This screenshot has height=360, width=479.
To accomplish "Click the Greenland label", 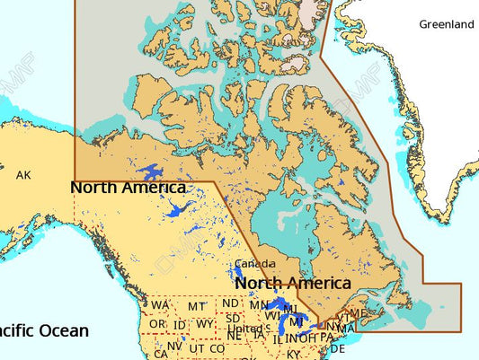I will (446, 25).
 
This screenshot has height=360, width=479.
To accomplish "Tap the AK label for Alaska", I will (23, 175).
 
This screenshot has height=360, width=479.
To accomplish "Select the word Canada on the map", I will (250, 265).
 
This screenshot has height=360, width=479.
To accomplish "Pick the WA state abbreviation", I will (161, 306).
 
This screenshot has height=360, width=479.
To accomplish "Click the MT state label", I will (198, 306).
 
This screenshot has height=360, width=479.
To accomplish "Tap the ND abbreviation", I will (231, 303).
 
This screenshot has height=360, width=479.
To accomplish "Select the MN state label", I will (259, 305).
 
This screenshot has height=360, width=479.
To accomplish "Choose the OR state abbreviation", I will (157, 323).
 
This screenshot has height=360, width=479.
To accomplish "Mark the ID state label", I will (180, 324).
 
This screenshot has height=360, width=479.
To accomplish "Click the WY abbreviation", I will (205, 323).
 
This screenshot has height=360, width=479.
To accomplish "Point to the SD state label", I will (233, 318).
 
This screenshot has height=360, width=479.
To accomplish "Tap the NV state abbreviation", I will (174, 345).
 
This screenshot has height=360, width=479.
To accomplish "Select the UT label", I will (197, 348).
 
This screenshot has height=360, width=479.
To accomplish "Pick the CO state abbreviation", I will (217, 348).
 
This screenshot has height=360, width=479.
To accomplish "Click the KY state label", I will (294, 354).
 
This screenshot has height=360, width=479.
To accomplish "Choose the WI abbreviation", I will (272, 315).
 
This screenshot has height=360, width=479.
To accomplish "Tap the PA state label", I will (327, 338).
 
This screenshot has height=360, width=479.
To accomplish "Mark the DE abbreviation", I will (338, 348).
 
